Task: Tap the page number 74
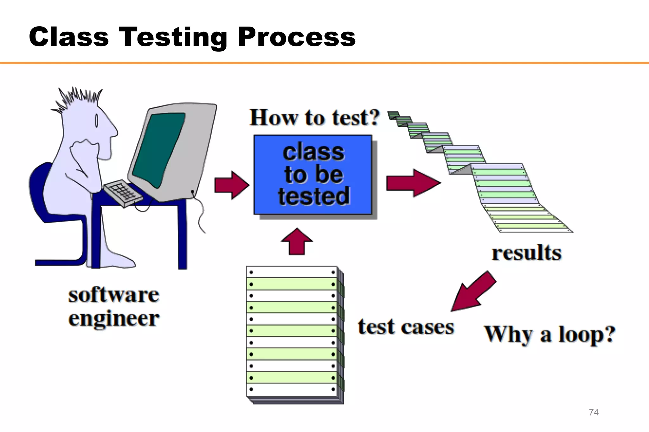[x=594, y=412]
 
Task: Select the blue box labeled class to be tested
[x=312, y=175]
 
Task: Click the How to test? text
[x=314, y=118]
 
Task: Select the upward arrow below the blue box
[x=297, y=242]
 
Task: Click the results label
[x=526, y=253]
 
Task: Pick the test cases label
[x=406, y=327]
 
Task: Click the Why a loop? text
[x=549, y=335]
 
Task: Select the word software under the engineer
[x=113, y=295]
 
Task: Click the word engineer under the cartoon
[x=113, y=319]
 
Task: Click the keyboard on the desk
[x=122, y=193]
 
